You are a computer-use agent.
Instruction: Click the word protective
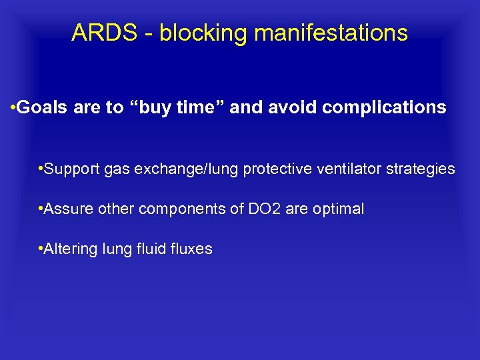point(274,169)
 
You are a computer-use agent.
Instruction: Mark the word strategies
point(423,169)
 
